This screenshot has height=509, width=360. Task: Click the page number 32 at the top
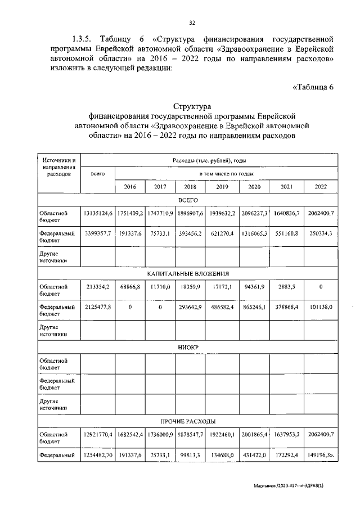click(192, 22)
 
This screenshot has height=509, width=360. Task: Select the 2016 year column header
click(130, 187)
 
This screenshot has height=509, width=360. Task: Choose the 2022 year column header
click(321, 187)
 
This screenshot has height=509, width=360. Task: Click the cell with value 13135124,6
click(98, 214)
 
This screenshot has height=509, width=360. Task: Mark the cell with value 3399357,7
click(98, 233)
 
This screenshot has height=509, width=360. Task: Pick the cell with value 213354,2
click(98, 287)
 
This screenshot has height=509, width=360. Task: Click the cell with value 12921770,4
click(98, 435)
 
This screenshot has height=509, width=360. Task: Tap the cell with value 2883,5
click(287, 287)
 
